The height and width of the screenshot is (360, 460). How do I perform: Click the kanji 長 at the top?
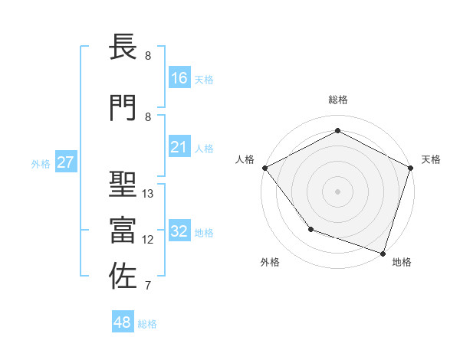pos(123,48)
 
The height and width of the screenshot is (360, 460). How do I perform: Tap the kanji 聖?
pos(123,185)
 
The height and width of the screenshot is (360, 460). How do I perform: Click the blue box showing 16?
pos(179,78)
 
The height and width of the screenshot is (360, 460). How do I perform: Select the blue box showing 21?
pos(179,147)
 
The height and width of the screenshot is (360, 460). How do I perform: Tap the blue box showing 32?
pos(179,231)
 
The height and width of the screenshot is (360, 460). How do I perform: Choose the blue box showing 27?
pos(66,162)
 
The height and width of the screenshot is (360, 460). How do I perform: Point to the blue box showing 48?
pos(123,322)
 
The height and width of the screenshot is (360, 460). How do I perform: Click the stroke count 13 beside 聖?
pos(149,194)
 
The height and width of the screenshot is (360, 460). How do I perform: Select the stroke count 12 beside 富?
pos(149,240)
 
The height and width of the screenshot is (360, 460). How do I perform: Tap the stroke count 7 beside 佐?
pos(147,286)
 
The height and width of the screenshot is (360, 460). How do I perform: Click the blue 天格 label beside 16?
pos(204,79)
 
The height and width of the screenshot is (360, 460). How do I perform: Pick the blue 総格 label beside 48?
pos(147,324)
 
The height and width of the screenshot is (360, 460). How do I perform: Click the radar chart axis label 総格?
pos(337,100)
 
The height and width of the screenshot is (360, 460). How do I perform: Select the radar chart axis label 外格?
pos(270,262)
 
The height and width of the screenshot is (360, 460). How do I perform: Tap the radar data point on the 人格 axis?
pos(264,168)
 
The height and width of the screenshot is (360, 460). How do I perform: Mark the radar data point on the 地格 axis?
pos(383,253)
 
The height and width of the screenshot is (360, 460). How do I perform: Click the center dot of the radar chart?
pos(337,191)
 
